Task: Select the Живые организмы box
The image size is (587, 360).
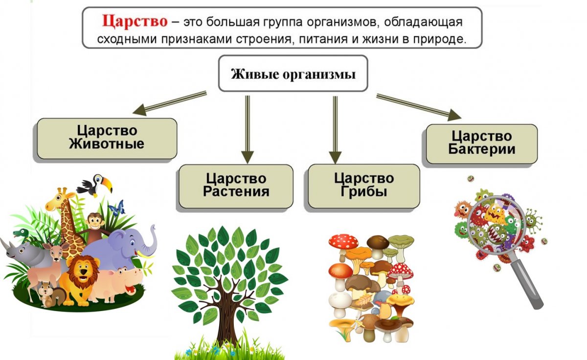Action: [293, 75]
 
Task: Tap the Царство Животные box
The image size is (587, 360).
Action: [107, 138]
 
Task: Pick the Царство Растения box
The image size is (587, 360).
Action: [236, 184]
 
